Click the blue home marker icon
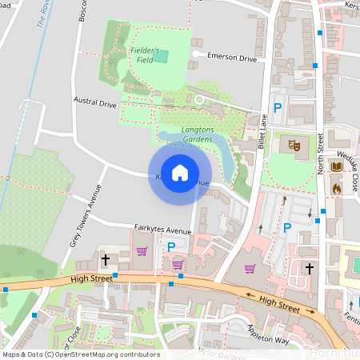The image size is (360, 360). (180, 172)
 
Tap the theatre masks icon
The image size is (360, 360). (294, 146)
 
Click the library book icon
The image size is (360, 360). (335, 166)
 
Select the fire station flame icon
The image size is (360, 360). (335, 188)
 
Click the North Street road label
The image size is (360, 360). (319, 155)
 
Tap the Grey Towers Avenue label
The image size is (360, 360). (86, 215)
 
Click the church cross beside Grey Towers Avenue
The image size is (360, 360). (105, 260)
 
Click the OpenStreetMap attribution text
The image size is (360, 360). (81, 354)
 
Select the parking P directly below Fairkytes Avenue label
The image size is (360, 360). (170, 248)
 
